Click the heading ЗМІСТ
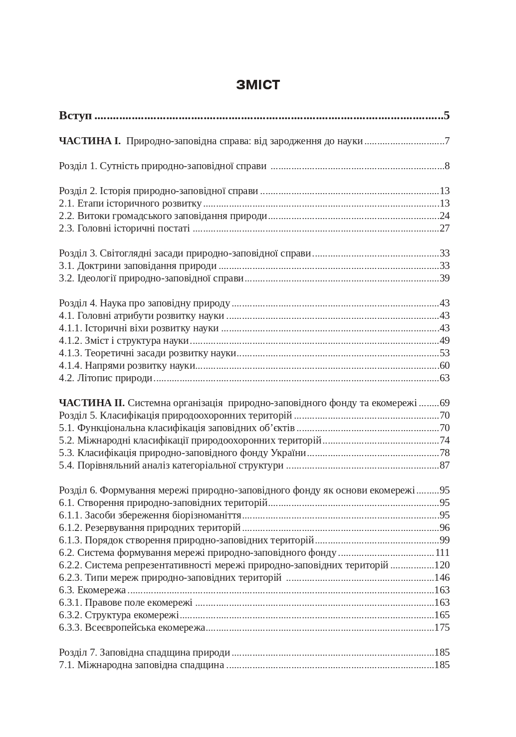tap(258, 85)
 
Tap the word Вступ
tap(75, 116)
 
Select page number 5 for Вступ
tap(446, 116)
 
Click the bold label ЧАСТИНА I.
tap(90, 141)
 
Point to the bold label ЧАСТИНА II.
tap(92, 403)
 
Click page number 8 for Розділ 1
tap(447, 166)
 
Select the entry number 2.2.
tap(66, 216)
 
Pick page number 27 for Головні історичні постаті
tap(444, 228)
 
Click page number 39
tap(444, 278)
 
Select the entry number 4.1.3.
tap(70, 353)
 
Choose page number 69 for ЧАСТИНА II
tap(444, 403)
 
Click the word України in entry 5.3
tap(288, 453)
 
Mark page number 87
tap(444, 465)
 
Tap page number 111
tap(442, 552)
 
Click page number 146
tap(442, 577)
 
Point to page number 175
tap(442, 627)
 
